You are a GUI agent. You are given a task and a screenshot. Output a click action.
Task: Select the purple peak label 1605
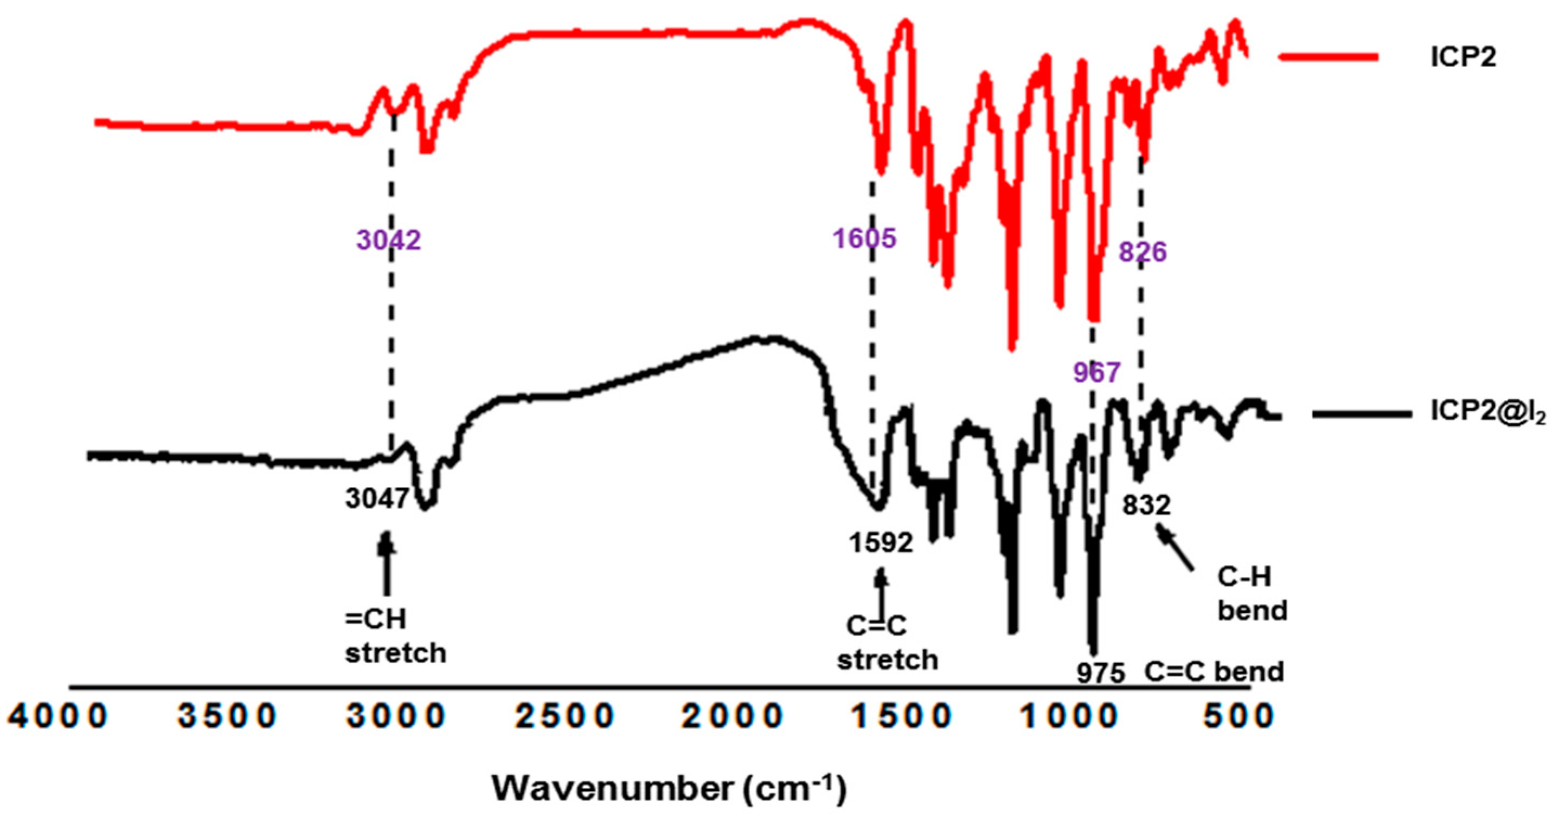[864, 238]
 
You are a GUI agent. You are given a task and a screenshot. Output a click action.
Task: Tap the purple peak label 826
[1142, 252]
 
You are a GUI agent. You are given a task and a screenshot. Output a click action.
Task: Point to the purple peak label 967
[1097, 372]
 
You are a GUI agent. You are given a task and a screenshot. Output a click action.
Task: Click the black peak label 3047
[377, 499]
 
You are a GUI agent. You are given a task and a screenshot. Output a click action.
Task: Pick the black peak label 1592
[880, 543]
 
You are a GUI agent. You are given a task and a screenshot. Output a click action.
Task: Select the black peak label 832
[1146, 504]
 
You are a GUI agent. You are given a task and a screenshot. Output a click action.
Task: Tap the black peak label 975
[1100, 673]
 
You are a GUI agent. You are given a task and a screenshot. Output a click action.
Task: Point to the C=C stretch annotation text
[887, 643]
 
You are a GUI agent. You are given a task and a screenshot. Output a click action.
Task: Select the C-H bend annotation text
[1251, 594]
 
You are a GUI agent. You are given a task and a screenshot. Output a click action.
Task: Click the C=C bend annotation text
[1214, 672]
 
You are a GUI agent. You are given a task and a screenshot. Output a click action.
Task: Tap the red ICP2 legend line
[1328, 57]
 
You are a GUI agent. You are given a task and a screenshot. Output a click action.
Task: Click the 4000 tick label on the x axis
[57, 717]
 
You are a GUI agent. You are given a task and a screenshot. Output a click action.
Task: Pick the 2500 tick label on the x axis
[564, 717]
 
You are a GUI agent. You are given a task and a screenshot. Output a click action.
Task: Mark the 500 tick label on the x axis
[1238, 717]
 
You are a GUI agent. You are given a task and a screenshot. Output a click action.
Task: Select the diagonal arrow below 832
[1175, 548]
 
